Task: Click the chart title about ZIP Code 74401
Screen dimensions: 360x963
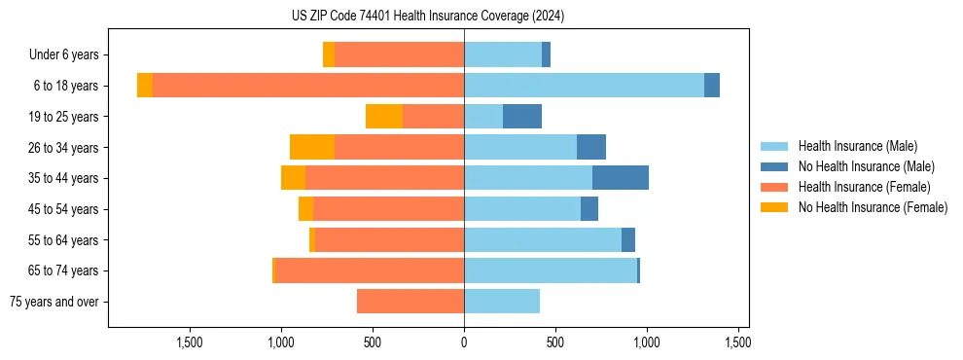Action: click(x=428, y=16)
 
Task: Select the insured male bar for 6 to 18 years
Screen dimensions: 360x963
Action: click(x=584, y=86)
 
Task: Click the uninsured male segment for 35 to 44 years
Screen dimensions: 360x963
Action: click(x=620, y=178)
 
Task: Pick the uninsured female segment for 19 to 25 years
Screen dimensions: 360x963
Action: click(x=384, y=117)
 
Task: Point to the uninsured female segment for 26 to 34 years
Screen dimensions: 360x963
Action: click(x=312, y=147)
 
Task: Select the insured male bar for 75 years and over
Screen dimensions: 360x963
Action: click(x=502, y=302)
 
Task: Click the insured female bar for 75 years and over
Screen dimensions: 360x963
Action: click(x=410, y=302)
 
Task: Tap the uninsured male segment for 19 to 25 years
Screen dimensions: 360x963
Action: click(x=522, y=117)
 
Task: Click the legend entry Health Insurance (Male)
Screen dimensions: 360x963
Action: click(x=857, y=146)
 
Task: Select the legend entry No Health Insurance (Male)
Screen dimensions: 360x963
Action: click(x=866, y=166)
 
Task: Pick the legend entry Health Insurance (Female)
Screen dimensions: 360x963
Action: click(x=864, y=187)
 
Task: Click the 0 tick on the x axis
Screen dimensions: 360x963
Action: click(x=464, y=342)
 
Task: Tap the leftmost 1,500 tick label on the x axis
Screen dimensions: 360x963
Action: click(x=189, y=342)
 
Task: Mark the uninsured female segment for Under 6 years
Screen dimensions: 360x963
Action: click(x=329, y=54)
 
